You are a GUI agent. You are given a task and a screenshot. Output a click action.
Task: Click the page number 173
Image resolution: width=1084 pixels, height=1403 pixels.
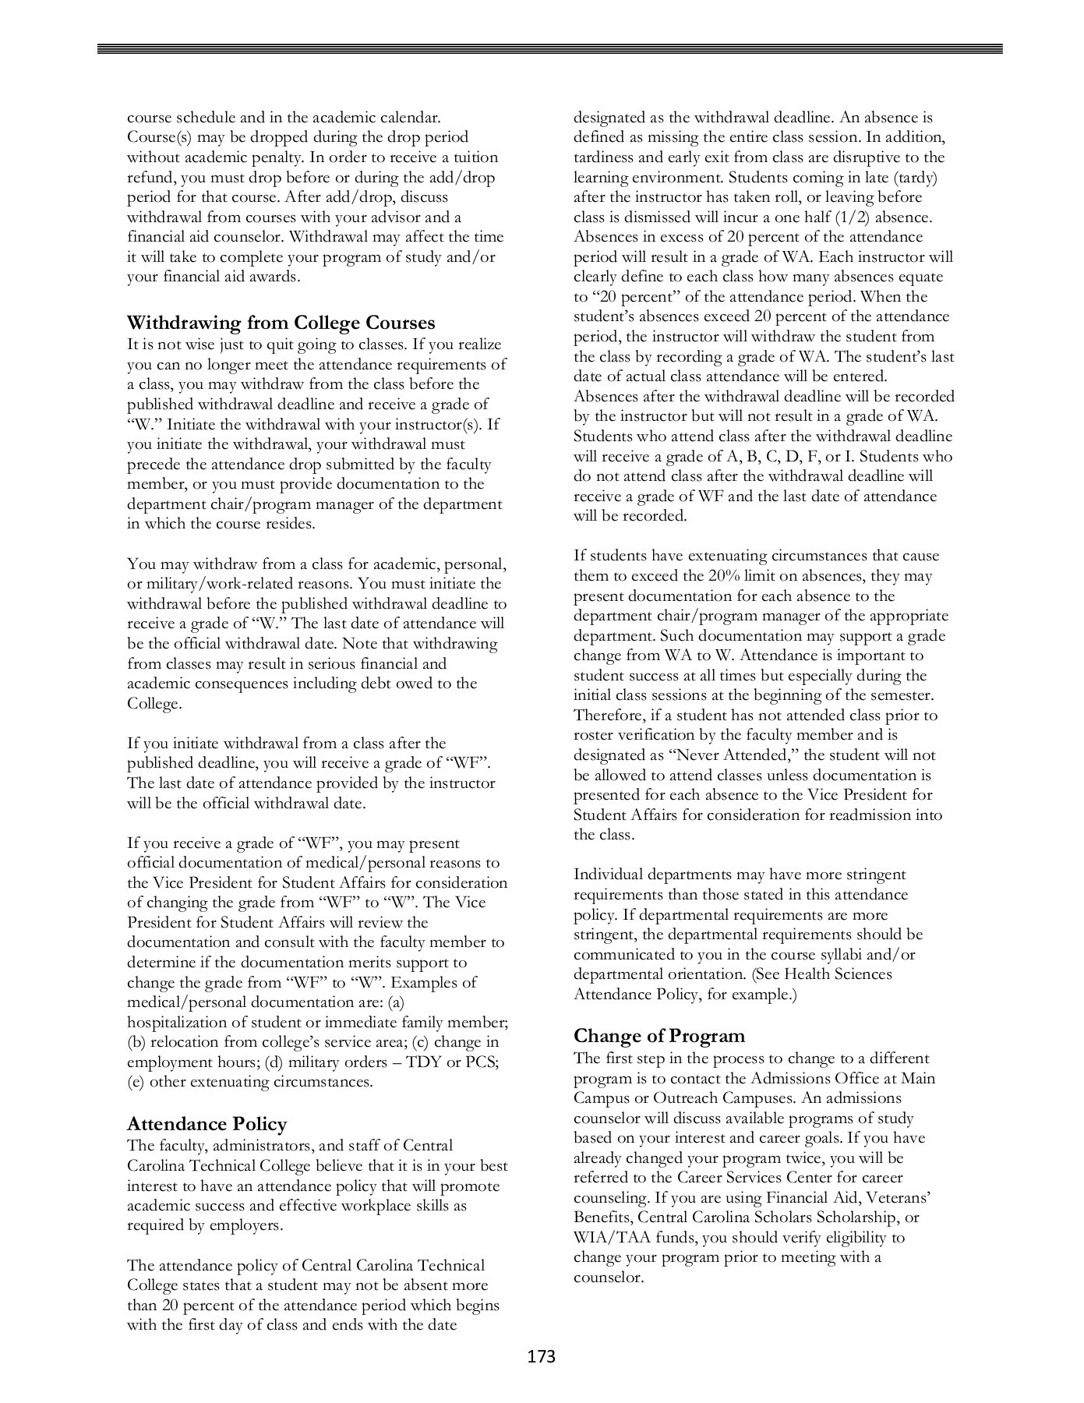(x=541, y=1357)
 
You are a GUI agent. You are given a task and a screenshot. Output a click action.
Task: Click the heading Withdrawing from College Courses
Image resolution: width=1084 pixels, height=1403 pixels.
(x=281, y=323)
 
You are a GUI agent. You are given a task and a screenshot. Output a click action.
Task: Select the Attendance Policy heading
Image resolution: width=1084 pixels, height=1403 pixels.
(x=207, y=1124)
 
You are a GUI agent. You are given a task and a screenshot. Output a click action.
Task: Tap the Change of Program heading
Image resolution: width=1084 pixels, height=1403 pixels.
(x=659, y=1036)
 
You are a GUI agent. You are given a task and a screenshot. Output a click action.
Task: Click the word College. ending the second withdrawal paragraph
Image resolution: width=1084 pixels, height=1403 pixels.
(x=154, y=704)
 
